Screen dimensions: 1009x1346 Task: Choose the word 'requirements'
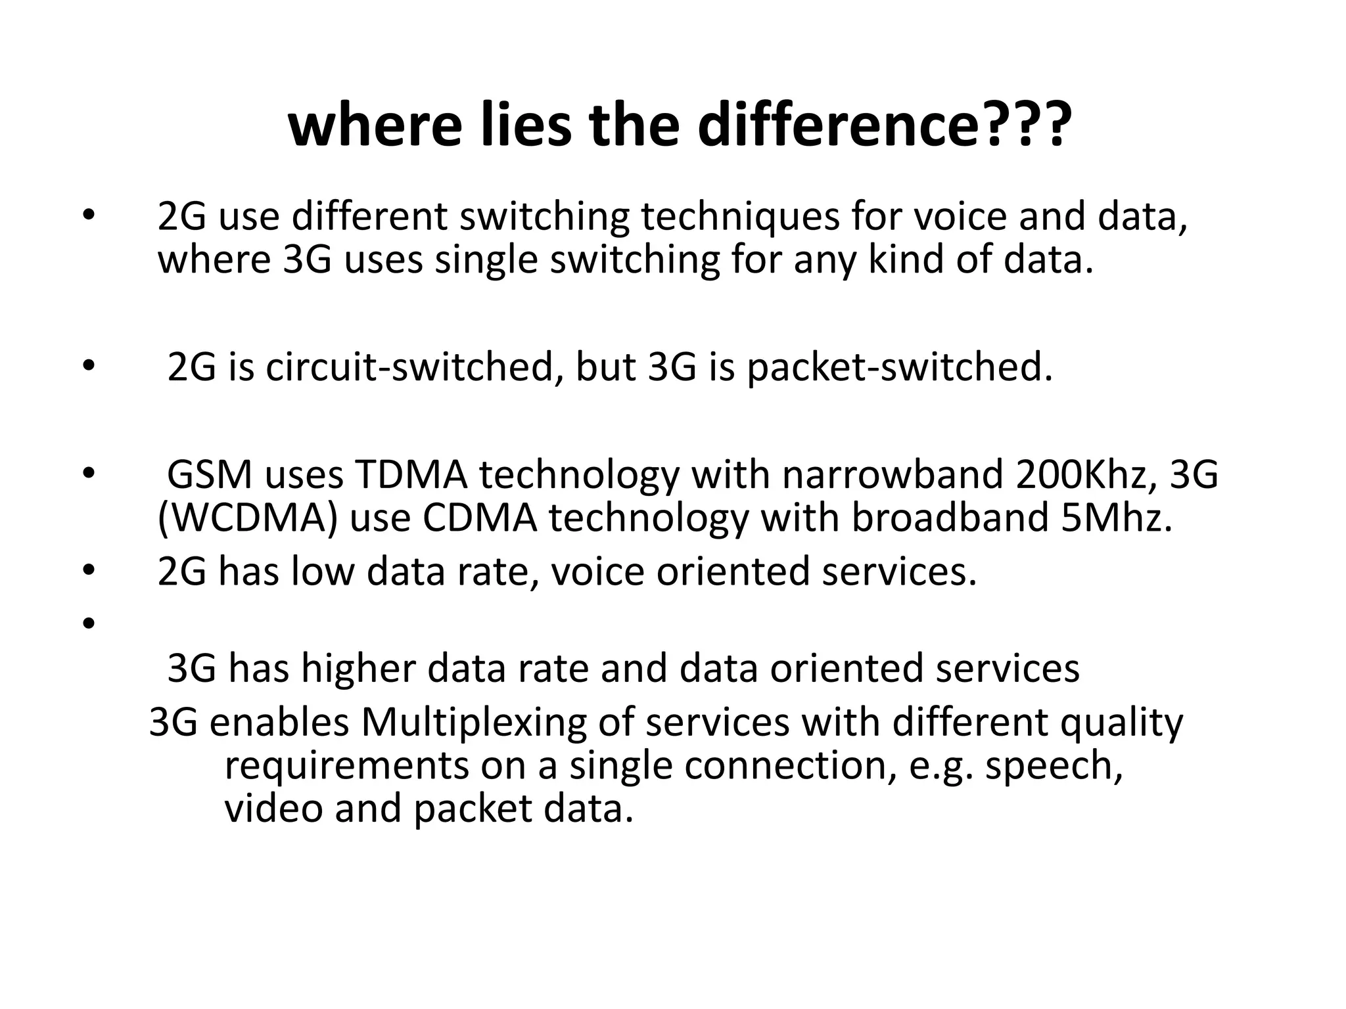pyautogui.click(x=347, y=765)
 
